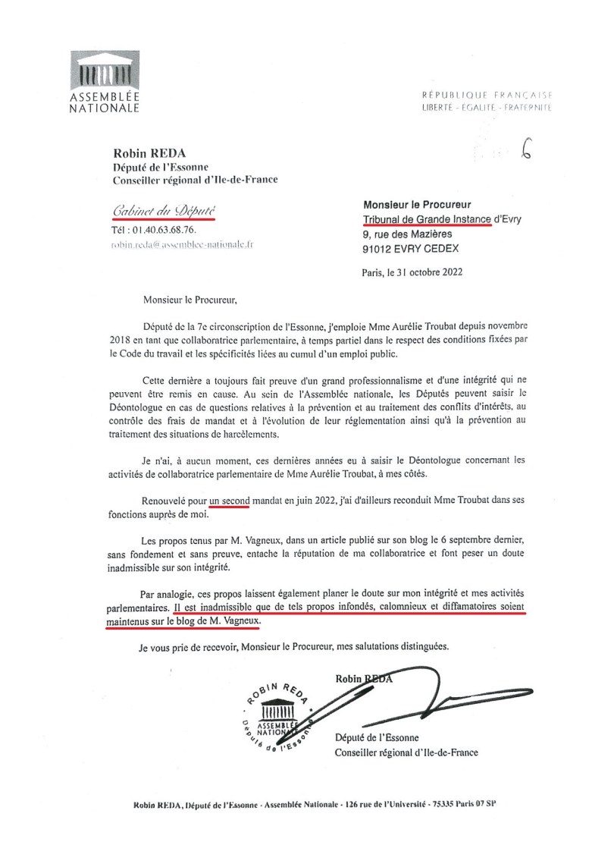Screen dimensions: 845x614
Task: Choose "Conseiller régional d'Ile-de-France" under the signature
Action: (406, 752)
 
